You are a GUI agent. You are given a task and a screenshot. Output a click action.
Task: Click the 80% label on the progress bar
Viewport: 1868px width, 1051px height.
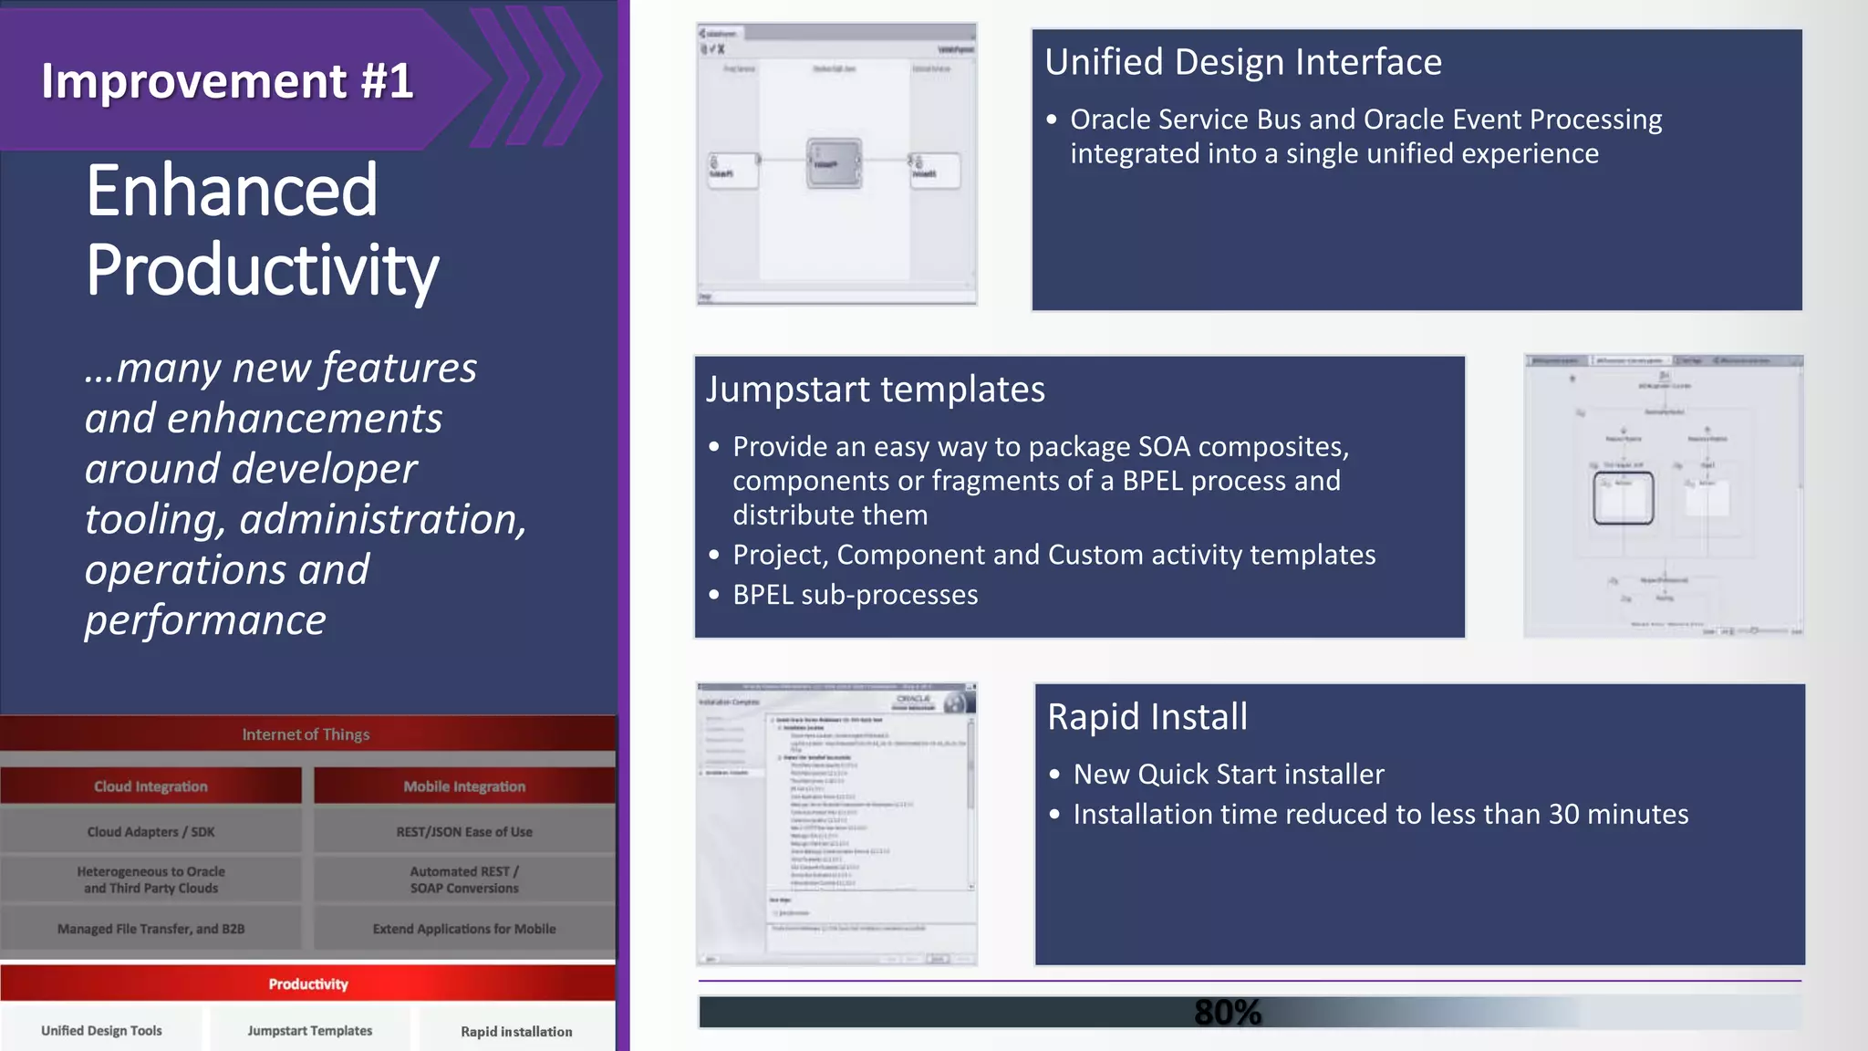[1227, 1012]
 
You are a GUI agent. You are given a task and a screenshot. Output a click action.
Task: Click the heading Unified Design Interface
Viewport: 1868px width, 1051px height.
[1242, 62]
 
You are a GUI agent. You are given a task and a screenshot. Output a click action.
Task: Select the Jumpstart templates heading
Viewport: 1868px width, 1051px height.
[875, 390]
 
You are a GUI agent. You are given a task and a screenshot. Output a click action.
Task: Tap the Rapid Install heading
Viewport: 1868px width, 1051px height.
[1147, 717]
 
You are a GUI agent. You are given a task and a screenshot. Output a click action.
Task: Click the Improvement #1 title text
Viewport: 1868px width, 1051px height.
[227, 80]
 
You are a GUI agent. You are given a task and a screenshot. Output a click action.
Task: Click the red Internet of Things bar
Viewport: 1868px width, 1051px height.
[306, 734]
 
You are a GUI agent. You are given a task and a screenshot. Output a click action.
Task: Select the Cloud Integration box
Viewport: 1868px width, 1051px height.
[150, 786]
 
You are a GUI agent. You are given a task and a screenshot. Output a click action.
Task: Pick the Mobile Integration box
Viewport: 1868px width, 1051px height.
[464, 786]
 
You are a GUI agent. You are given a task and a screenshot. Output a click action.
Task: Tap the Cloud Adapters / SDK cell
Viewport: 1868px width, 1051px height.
[150, 832]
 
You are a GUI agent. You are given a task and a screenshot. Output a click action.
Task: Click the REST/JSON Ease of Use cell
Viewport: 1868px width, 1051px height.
[464, 832]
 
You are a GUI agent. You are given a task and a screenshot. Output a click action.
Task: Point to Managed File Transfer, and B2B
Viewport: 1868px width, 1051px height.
[150, 929]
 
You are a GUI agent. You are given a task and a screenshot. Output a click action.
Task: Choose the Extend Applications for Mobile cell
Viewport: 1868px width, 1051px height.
[464, 929]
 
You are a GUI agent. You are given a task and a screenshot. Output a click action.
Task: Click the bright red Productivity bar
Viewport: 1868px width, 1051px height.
[307, 984]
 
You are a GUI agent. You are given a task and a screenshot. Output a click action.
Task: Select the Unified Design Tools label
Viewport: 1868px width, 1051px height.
[101, 1031]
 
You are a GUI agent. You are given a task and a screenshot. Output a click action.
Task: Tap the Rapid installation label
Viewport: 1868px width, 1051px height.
[516, 1032]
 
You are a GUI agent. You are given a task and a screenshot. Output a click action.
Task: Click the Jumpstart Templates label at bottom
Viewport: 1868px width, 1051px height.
[309, 1031]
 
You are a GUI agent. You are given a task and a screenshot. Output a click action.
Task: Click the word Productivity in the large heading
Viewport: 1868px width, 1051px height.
[263, 270]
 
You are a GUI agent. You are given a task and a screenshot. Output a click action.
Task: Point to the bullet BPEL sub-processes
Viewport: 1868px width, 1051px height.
[855, 595]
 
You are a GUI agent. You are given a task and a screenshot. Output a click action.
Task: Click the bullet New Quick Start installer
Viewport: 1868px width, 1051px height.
[1228, 775]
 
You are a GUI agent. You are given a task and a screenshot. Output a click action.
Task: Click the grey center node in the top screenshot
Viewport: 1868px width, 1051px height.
[834, 163]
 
